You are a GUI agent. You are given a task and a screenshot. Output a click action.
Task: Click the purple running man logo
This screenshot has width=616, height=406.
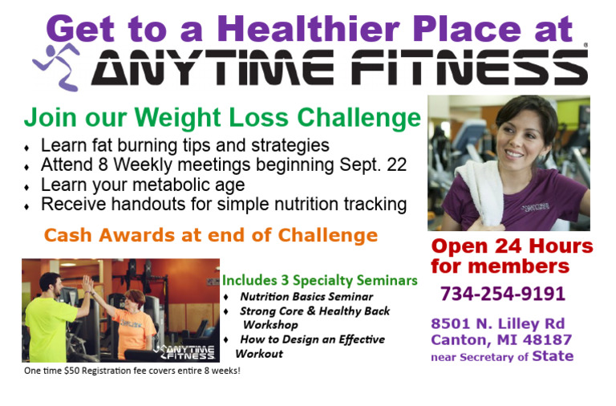point(55,65)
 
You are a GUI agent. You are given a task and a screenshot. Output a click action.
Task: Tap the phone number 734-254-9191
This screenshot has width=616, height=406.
point(502,294)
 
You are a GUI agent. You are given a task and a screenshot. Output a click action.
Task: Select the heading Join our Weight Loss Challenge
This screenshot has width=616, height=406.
point(222,118)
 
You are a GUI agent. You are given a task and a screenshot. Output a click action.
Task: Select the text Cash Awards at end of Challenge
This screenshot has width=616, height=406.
point(210,235)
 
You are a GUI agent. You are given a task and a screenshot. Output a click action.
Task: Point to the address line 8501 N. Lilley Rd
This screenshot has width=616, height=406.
point(497,323)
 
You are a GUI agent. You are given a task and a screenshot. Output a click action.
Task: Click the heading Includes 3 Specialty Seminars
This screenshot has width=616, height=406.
point(319,280)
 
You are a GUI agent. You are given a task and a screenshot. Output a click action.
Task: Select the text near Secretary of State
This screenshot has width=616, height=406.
point(502,356)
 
